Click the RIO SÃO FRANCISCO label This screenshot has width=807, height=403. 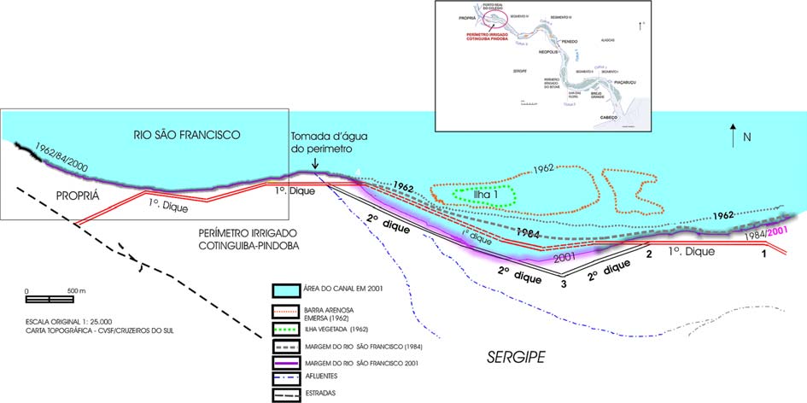(188, 135)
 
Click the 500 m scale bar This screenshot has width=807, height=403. (49, 299)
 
